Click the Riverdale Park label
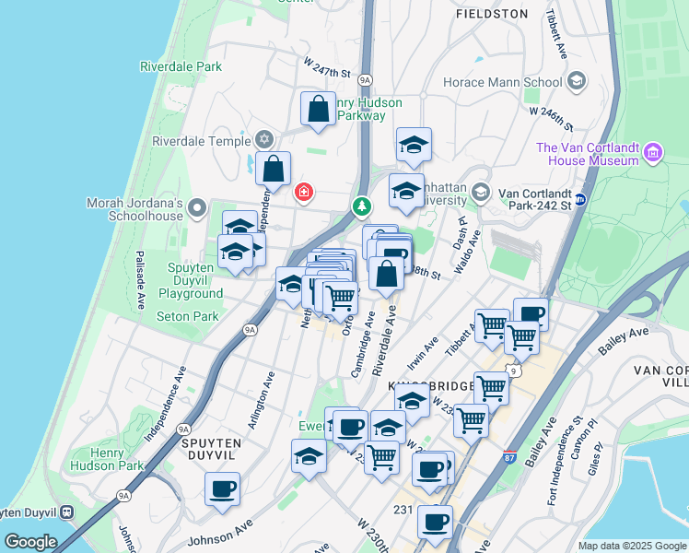181,66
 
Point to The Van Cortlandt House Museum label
588,154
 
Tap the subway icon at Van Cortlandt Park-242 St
580,198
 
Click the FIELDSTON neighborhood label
493,14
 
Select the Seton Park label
187,316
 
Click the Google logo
29,542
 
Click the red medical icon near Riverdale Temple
302,192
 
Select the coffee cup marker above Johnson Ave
222,489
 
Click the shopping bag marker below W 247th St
318,109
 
